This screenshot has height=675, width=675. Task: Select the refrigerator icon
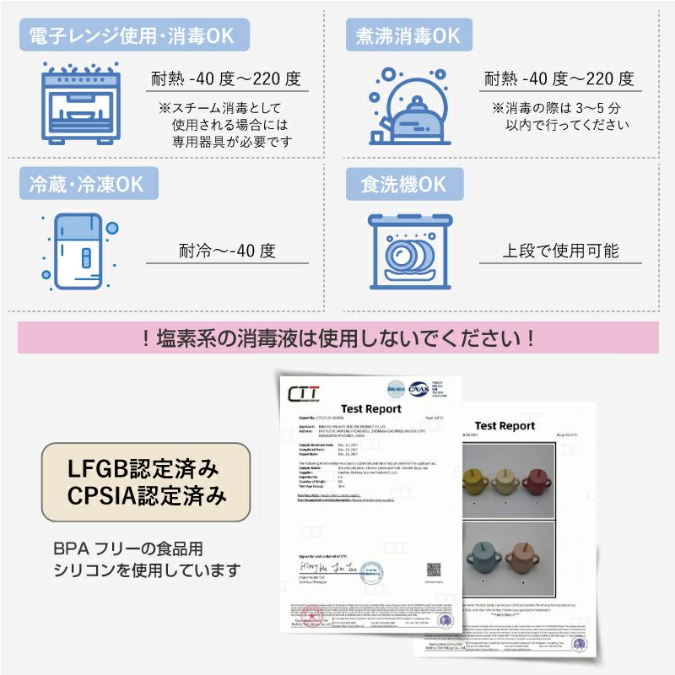pyautogui.click(x=79, y=250)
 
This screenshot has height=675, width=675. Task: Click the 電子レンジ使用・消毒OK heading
pyautogui.click(x=133, y=35)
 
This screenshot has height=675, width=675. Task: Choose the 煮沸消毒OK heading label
pyautogui.click(x=403, y=35)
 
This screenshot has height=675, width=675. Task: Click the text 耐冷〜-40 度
pyautogui.click(x=227, y=251)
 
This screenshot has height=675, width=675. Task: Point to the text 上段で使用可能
pyautogui.click(x=560, y=251)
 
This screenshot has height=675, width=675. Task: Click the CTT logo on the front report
pyautogui.click(x=304, y=393)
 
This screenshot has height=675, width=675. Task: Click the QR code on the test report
pyautogui.click(x=434, y=570)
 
